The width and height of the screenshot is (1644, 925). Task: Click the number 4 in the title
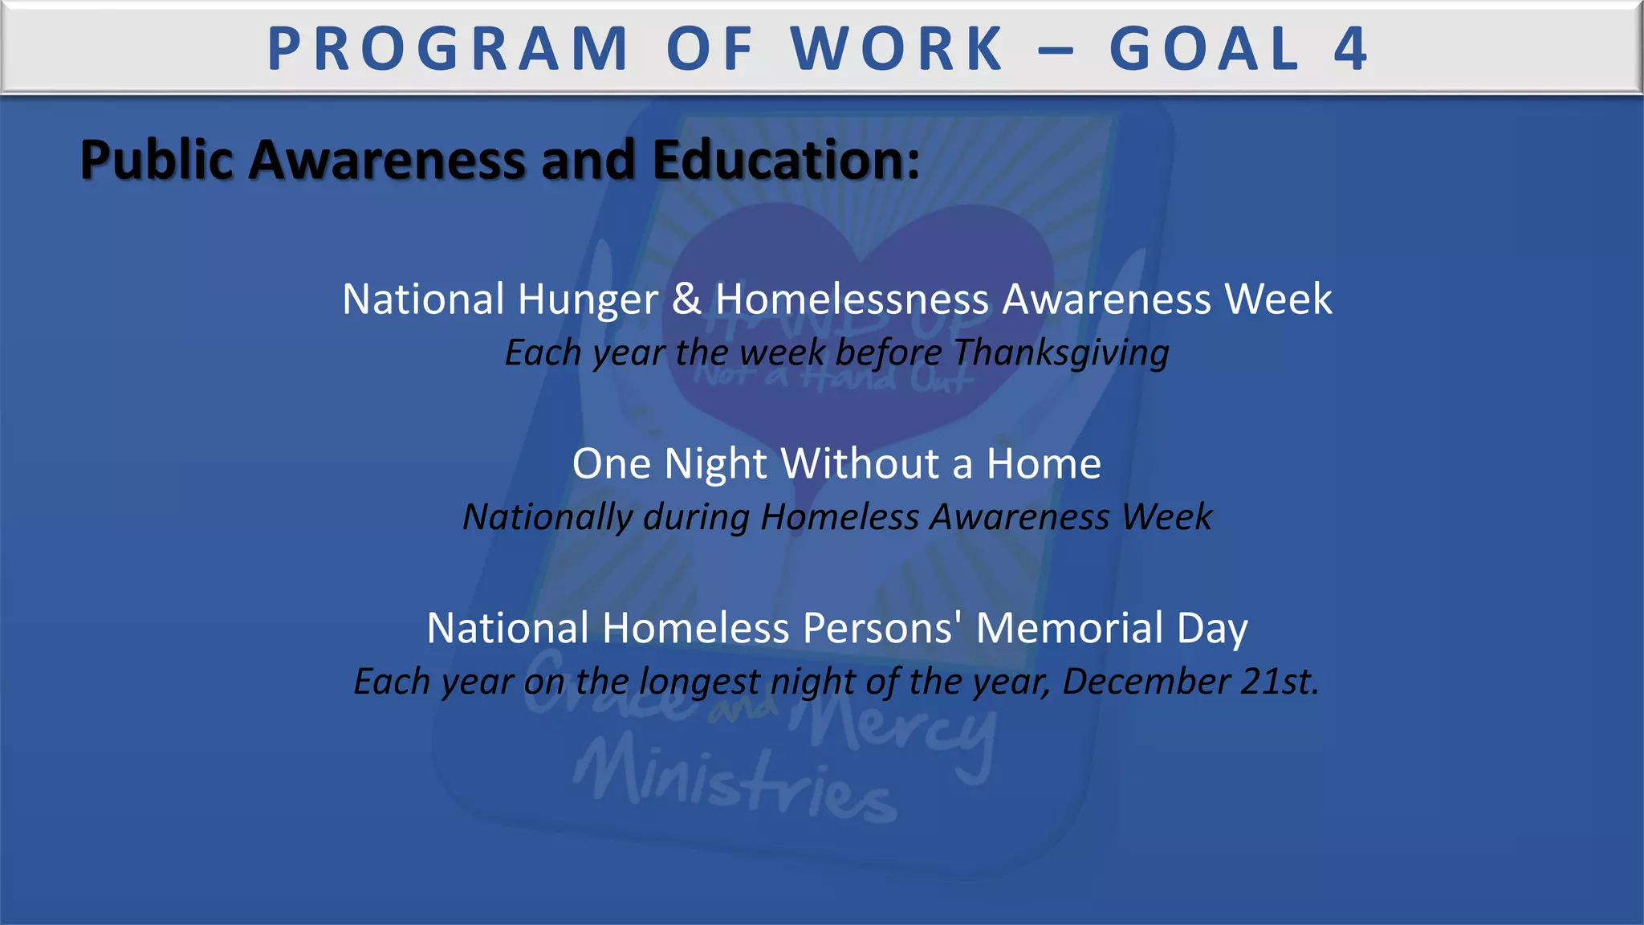click(1350, 49)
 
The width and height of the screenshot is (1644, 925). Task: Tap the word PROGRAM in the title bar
click(448, 49)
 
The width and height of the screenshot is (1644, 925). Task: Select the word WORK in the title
click(897, 49)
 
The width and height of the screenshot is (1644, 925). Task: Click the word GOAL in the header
click(1204, 49)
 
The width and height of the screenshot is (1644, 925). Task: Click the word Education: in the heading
click(786, 160)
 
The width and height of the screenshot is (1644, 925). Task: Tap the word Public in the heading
click(157, 160)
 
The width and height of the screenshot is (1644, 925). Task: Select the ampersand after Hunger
click(686, 299)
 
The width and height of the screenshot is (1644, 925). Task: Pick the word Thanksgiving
click(1061, 353)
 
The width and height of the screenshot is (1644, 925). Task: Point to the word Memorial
click(1069, 628)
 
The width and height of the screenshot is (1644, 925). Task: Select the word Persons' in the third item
click(882, 628)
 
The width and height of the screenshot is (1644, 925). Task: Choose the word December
click(1146, 682)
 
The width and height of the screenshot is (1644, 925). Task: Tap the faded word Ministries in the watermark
click(735, 783)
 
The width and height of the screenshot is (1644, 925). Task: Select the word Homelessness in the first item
click(852, 299)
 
